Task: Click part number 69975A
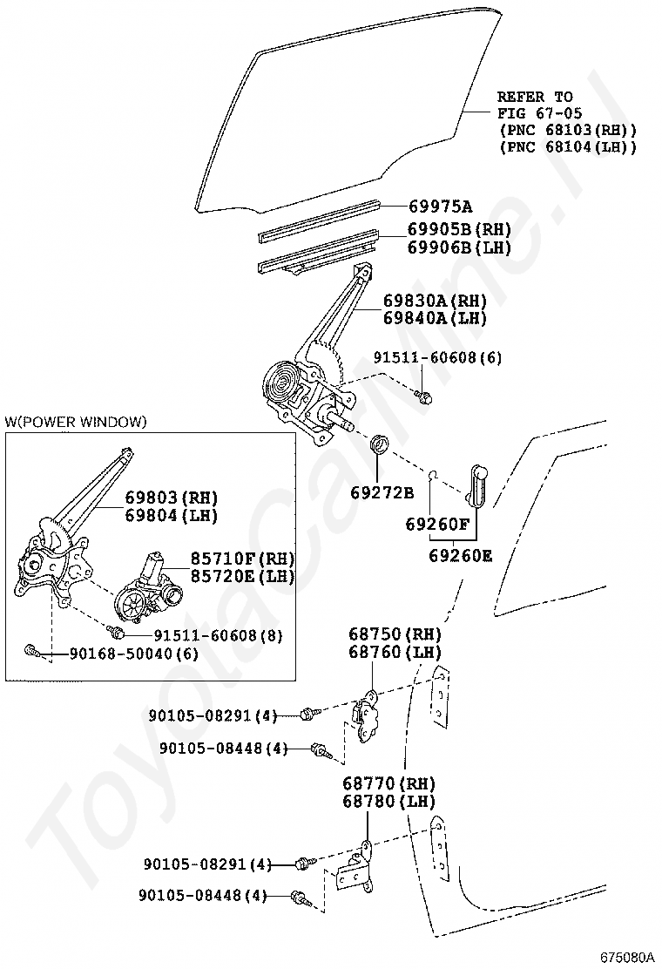(440, 207)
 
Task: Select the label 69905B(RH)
(459, 230)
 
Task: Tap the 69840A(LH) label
(435, 318)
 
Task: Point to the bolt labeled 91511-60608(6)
(425, 396)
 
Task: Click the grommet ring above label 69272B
(381, 444)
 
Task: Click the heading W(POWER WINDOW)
(76, 422)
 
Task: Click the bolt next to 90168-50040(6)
(32, 650)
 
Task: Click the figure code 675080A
(626, 956)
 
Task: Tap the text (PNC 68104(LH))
(567, 146)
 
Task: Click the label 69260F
(437, 525)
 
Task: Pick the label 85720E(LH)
(243, 576)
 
